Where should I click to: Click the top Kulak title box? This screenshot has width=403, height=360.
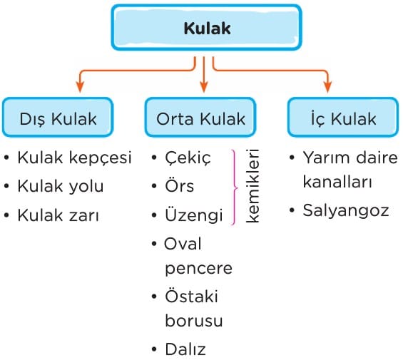[x=206, y=28]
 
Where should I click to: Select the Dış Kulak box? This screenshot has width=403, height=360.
[x=58, y=118]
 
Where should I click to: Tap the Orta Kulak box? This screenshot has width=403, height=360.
[x=200, y=118]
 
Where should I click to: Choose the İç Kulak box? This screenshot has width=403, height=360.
[x=343, y=118]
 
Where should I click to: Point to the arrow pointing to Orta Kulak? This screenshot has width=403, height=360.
[x=204, y=75]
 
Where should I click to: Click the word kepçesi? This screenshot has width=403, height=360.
[x=101, y=158]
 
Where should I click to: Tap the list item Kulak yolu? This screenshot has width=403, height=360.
[x=61, y=186]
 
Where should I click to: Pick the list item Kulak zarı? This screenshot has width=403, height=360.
[x=58, y=215]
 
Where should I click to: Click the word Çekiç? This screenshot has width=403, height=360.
[x=188, y=158]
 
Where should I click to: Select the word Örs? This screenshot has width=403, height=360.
[x=180, y=185]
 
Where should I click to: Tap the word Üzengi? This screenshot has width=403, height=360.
[x=194, y=215]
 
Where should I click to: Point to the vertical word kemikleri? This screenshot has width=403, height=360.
[x=252, y=186]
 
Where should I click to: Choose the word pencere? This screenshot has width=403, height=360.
[x=199, y=269]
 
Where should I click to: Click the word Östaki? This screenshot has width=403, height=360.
[x=191, y=296]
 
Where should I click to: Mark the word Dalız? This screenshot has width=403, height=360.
[x=185, y=349]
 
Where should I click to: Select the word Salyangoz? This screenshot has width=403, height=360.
[x=346, y=211]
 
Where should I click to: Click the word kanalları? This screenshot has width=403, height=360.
[x=337, y=182]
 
